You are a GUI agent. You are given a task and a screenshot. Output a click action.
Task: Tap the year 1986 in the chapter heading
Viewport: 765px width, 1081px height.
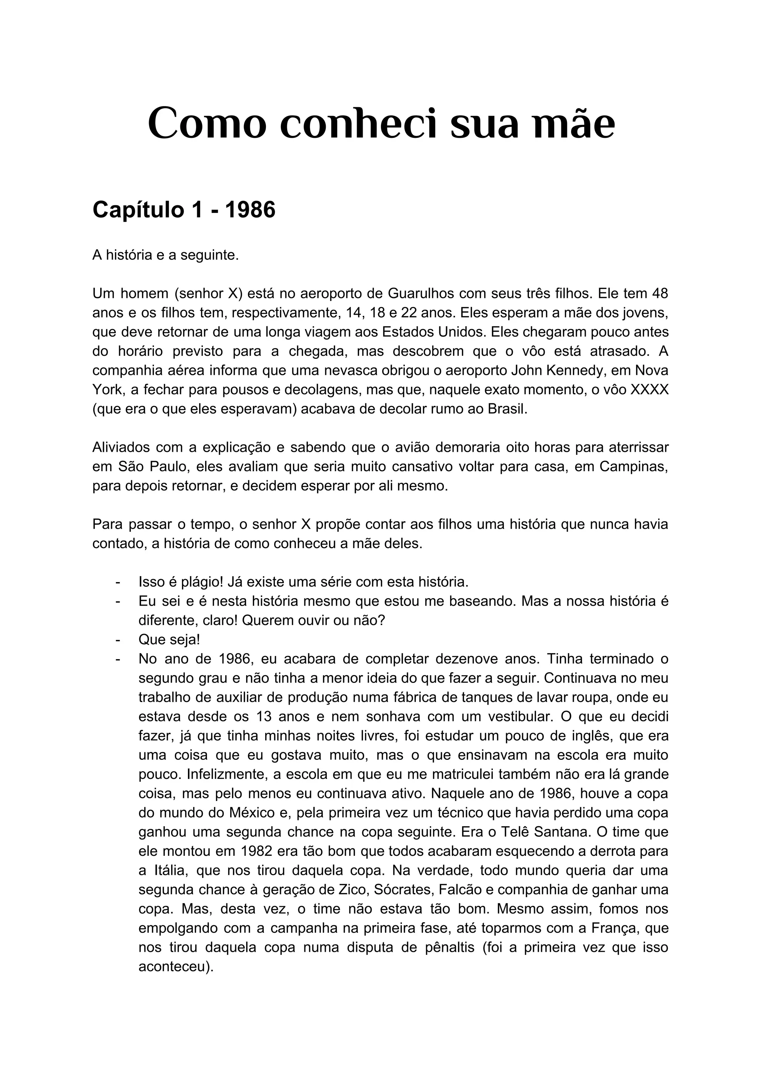point(250,210)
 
